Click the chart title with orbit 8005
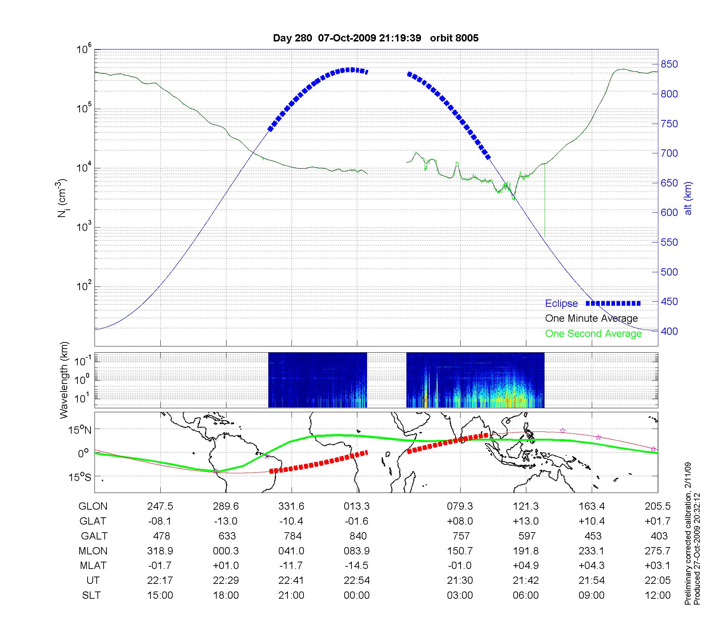(x=375, y=38)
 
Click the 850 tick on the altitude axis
(x=669, y=64)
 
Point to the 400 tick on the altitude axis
(x=669, y=331)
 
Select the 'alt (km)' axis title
(x=688, y=198)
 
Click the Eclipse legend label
(x=561, y=304)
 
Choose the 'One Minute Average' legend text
(x=591, y=318)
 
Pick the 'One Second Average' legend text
(x=593, y=333)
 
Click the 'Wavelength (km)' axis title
(x=64, y=380)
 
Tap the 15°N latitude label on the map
(x=80, y=430)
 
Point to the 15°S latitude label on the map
(x=80, y=477)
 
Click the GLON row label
(x=93, y=506)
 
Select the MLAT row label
(x=93, y=566)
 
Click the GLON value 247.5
(x=160, y=506)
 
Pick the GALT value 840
(x=358, y=536)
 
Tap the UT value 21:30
(x=460, y=581)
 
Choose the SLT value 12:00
(x=658, y=595)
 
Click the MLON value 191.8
(x=526, y=551)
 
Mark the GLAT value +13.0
(x=526, y=521)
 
